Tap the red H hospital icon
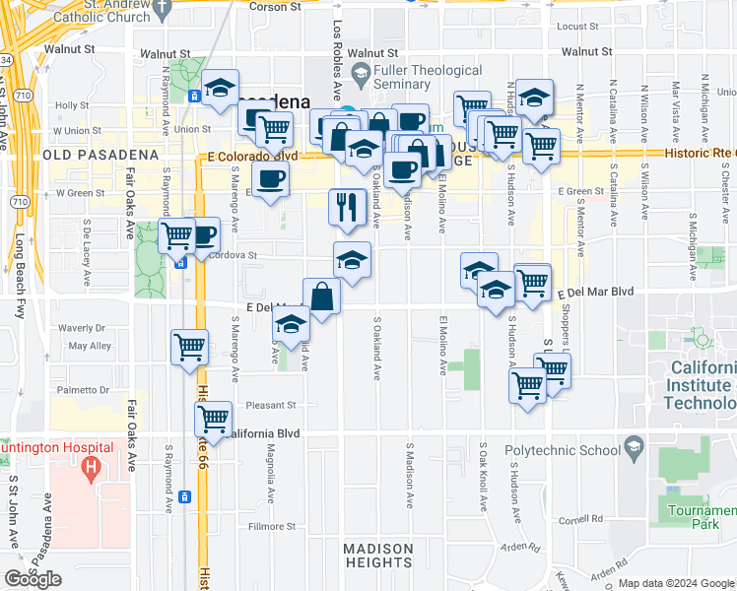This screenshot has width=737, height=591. pos(92,465)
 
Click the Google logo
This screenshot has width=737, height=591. pos(33,579)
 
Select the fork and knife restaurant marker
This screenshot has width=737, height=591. pos(345,207)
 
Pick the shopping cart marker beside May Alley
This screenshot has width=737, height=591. pos(188,347)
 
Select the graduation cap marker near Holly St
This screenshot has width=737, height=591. pos(220,89)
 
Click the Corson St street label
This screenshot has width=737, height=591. pos(275,7)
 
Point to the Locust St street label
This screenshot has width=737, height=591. pos(578,28)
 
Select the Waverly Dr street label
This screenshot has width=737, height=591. pos(82,328)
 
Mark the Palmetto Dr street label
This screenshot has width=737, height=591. pos(81,389)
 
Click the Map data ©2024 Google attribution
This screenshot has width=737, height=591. pos(676,583)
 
